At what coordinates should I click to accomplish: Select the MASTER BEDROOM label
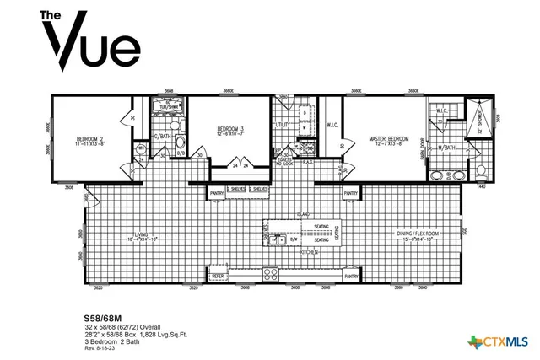(x=389, y=139)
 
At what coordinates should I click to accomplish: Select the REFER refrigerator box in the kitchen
(x=218, y=276)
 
